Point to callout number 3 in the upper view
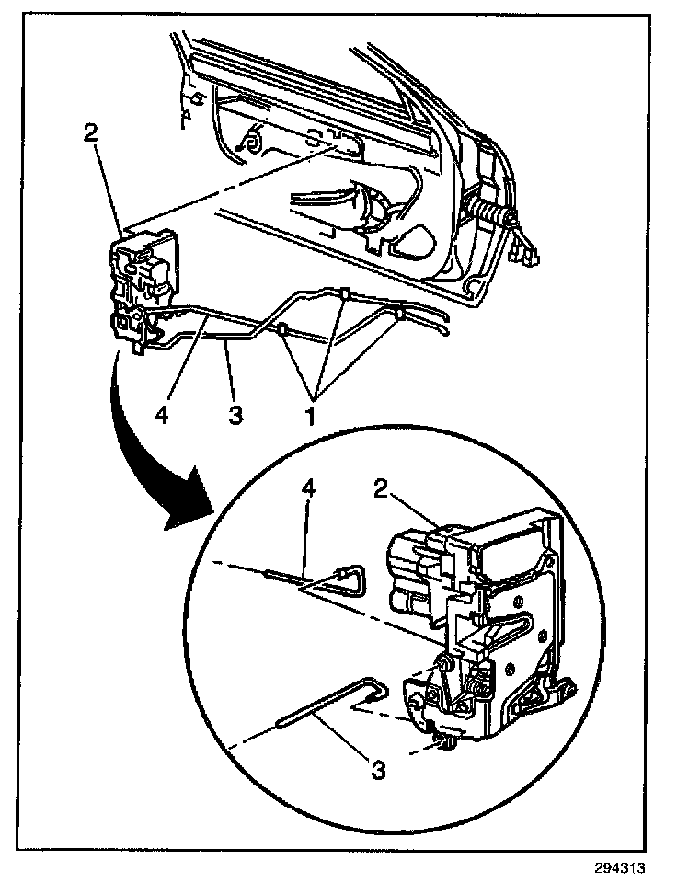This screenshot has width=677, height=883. (235, 415)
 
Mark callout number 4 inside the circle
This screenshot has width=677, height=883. (310, 488)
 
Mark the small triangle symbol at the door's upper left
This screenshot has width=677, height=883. (188, 115)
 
